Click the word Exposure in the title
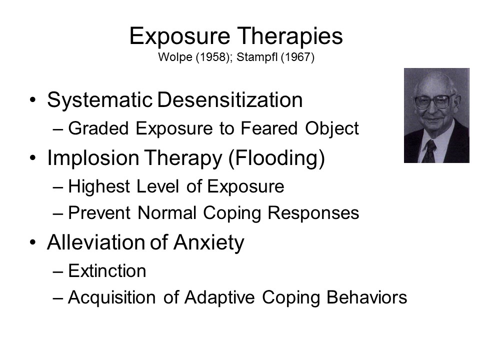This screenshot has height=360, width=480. pos(179,37)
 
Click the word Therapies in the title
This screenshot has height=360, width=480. pos(290,36)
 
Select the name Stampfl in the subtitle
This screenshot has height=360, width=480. pos(257,57)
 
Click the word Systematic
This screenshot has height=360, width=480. pos(100,100)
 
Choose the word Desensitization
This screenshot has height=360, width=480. pos(230,100)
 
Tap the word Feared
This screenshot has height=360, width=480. pos(269,128)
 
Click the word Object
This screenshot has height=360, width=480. pos(332,129)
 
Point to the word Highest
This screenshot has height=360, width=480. pos(99,186)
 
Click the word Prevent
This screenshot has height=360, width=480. pos(99,213)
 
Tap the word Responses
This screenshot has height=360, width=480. pos(313,213)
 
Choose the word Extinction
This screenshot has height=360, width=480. pos(107,271)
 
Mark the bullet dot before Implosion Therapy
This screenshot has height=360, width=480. pos(33,158)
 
